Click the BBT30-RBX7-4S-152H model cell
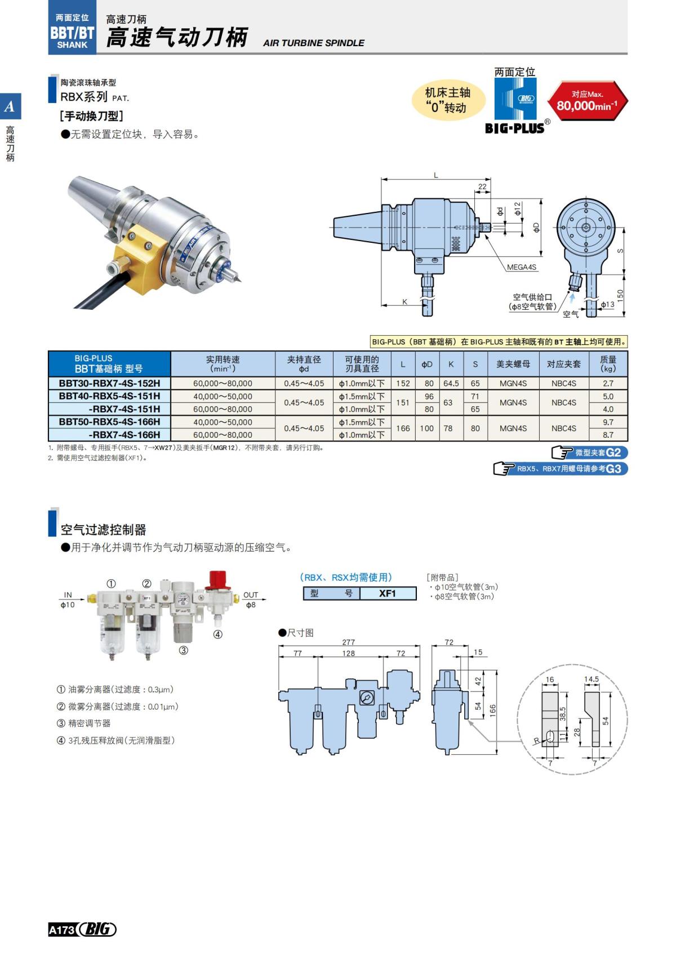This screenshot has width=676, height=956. (109, 383)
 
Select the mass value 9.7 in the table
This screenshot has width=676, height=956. (608, 422)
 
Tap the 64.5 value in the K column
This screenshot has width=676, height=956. (451, 383)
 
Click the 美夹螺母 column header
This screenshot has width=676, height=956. (513, 364)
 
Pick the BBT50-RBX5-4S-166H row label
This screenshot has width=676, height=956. (109, 422)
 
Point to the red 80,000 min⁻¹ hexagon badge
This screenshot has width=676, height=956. (587, 101)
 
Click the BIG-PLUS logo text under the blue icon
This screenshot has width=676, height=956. (515, 128)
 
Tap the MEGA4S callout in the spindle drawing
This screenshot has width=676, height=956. (521, 267)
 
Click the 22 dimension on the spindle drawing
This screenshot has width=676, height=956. (482, 186)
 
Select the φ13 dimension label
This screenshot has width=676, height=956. (607, 305)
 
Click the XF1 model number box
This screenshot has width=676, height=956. (388, 593)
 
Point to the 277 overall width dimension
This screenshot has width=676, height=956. (349, 642)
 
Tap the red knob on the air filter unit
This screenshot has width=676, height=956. (217, 579)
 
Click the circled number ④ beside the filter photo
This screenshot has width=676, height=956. (217, 634)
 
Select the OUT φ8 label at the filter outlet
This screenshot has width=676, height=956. (251, 600)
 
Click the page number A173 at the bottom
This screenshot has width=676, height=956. (61, 930)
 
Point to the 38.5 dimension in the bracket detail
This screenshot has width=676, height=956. (562, 714)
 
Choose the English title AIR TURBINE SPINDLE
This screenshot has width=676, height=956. (313, 43)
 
